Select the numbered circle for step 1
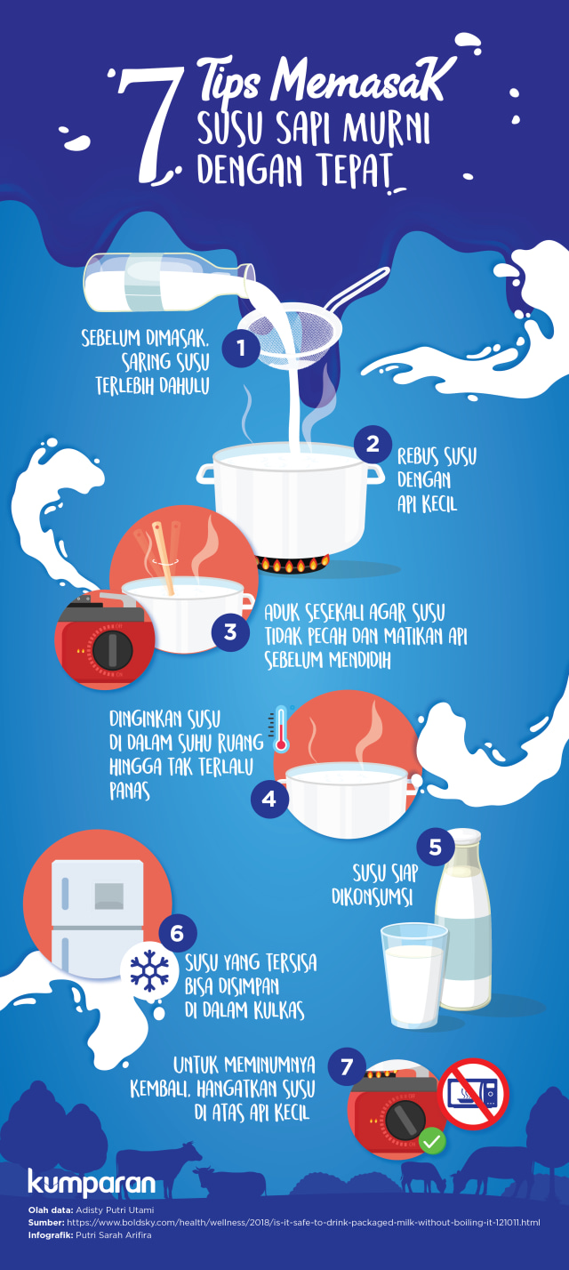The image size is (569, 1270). click(x=240, y=348)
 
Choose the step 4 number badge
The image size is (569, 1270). click(x=269, y=800)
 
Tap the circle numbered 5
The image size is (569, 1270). click(x=435, y=847)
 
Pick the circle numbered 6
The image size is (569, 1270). click(x=177, y=933)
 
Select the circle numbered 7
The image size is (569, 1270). click(x=347, y=1065)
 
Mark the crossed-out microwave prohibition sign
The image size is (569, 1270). click(x=473, y=1093)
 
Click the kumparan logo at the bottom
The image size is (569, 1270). click(x=92, y=1183)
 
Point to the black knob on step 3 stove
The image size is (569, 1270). click(x=112, y=650)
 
